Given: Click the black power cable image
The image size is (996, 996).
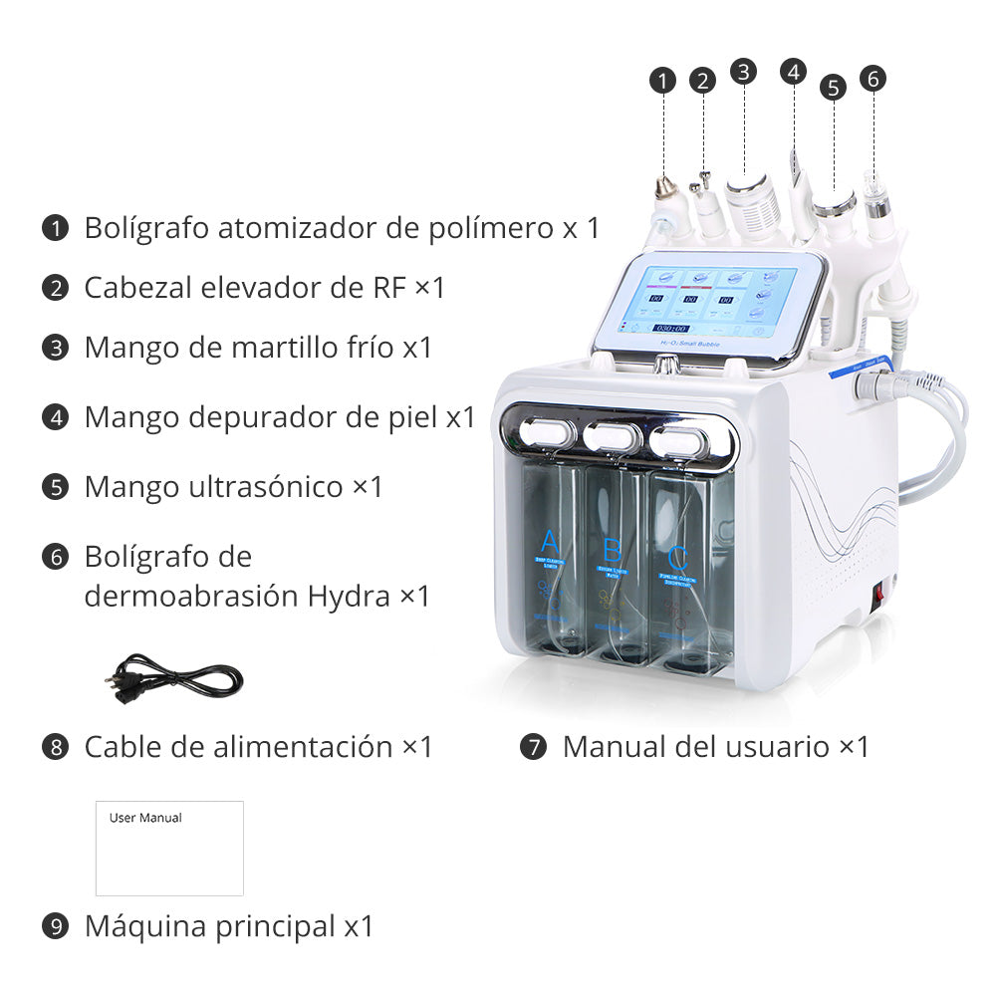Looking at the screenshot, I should tap(173, 680).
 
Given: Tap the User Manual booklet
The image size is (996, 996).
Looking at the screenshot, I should tap(169, 848).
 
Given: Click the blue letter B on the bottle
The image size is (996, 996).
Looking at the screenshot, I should tap(613, 549).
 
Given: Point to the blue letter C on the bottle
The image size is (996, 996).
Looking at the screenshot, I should tap(677, 556).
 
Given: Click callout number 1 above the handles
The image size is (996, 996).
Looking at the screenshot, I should tap(663, 81).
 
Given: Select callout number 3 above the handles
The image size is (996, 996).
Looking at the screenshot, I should tap(743, 71).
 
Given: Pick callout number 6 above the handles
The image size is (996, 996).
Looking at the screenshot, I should tap(873, 78).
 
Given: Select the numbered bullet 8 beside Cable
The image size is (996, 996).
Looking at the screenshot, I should tap(56, 747).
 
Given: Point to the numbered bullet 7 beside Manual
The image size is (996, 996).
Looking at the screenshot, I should tap(534, 747).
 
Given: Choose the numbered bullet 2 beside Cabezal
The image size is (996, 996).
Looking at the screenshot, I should tap(56, 289).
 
